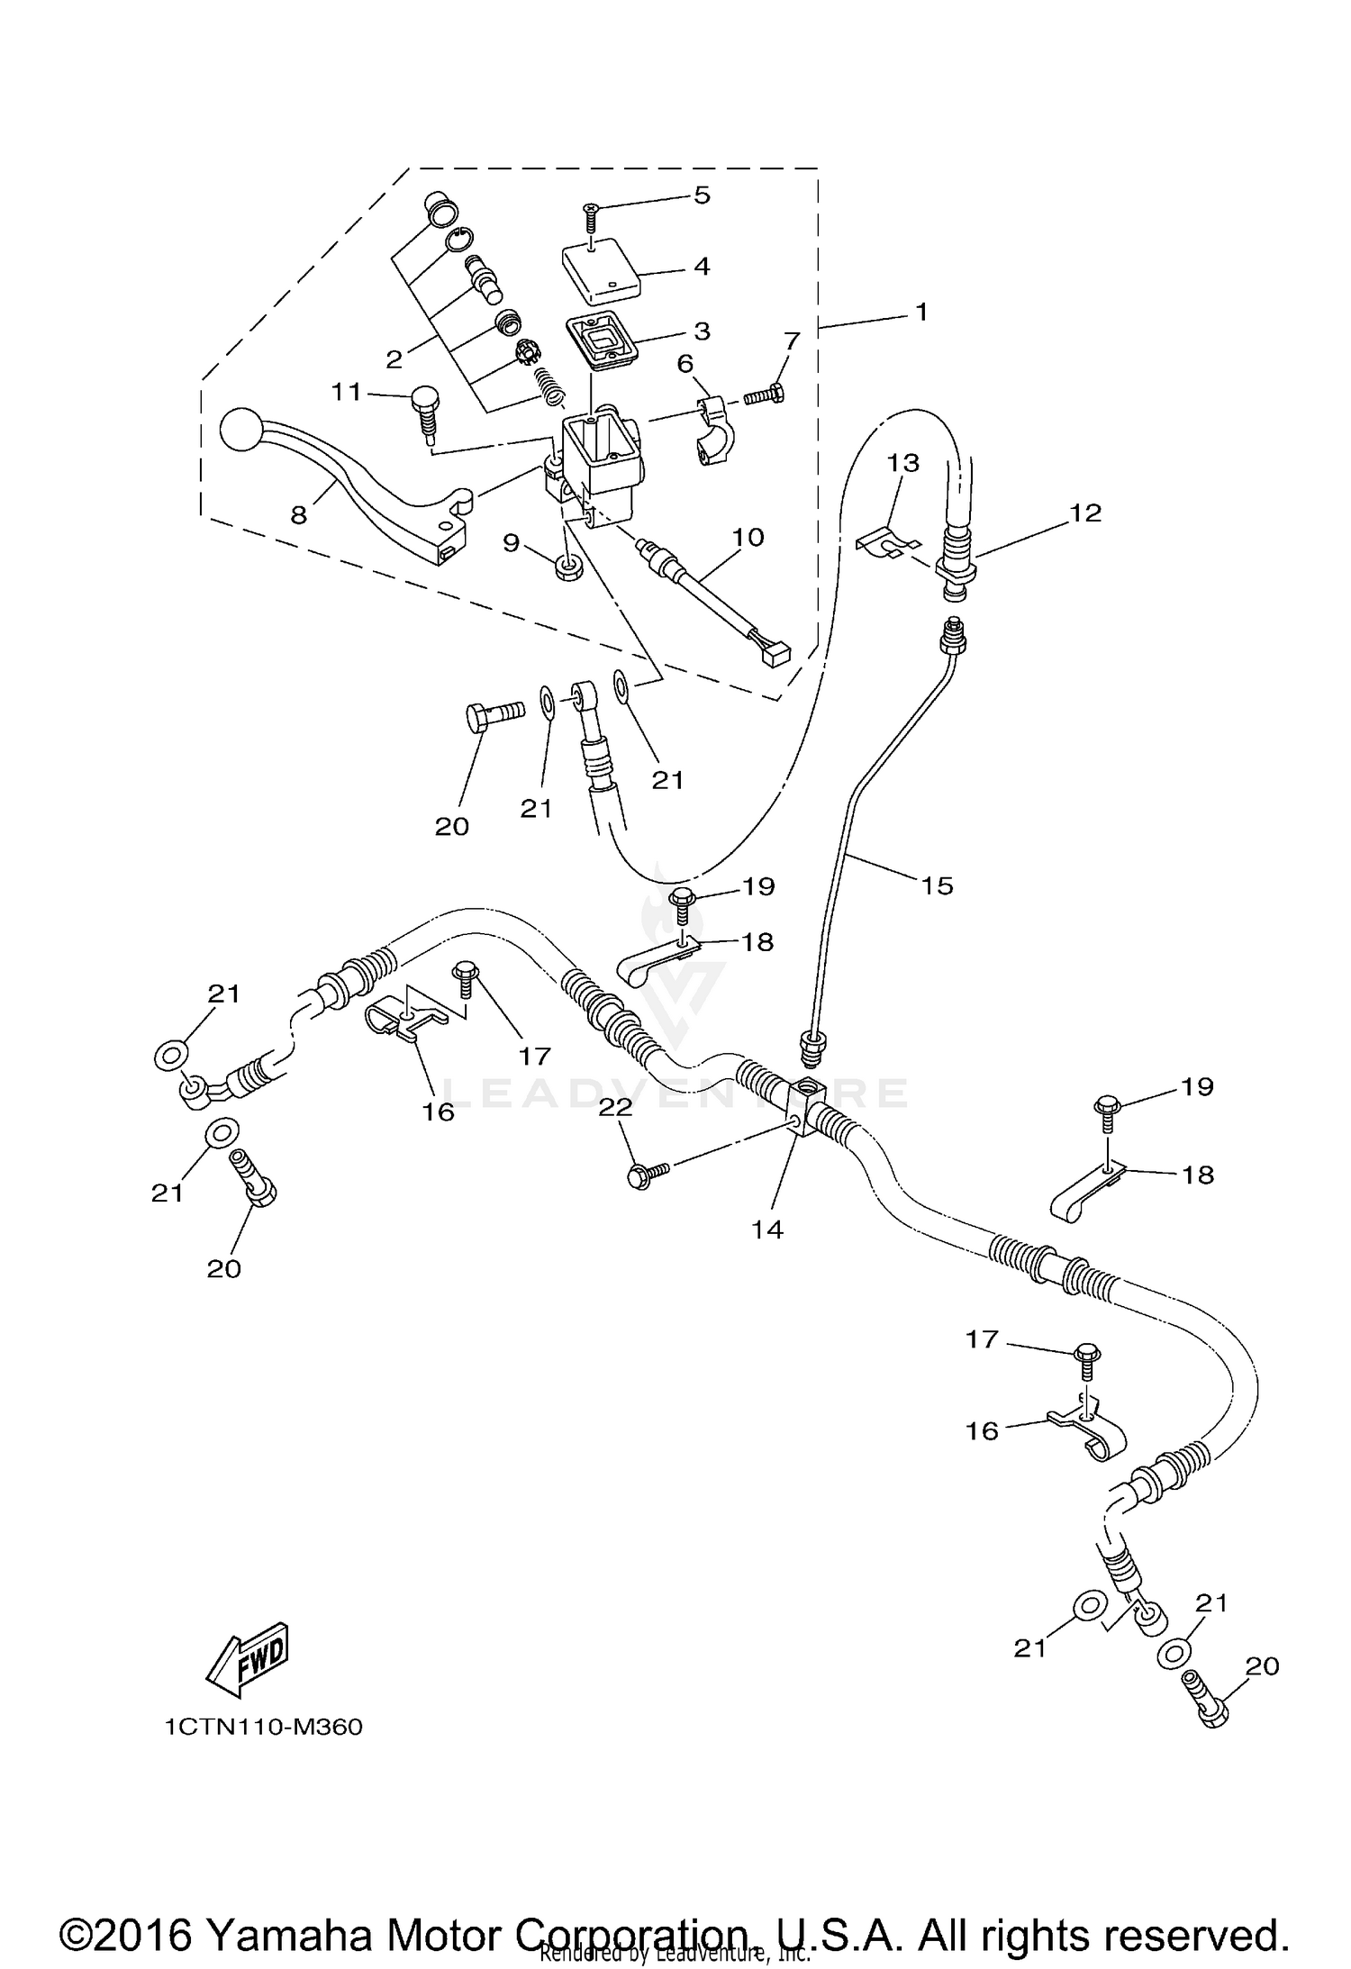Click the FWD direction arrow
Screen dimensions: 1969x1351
(x=247, y=1656)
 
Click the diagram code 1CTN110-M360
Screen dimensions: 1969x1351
(x=263, y=1728)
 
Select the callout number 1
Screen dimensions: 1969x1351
(x=920, y=312)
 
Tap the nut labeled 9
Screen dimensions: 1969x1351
(x=567, y=567)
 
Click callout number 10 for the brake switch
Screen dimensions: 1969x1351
(x=748, y=537)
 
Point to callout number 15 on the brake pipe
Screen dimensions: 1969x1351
(x=937, y=885)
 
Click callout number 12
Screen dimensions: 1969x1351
(x=1086, y=513)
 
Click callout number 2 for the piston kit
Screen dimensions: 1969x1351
(x=394, y=359)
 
